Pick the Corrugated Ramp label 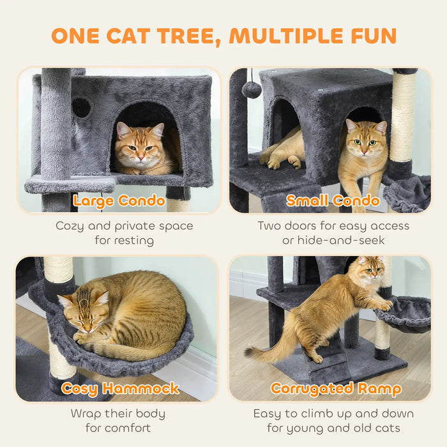coord(336,389)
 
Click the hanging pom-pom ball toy coord(252,89)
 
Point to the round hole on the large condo coord(81,107)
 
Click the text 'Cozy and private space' coord(124,226)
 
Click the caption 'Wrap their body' coord(118,414)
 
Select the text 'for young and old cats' coord(333,428)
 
